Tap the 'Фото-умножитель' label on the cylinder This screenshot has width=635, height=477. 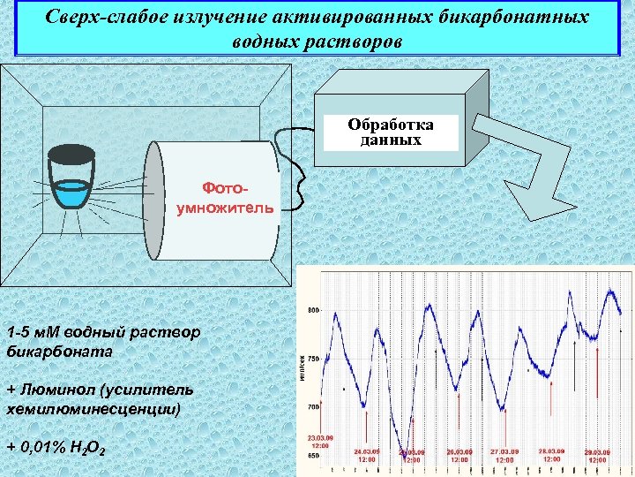pyautogui.click(x=224, y=198)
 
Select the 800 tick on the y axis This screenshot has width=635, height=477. pyautogui.click(x=313, y=311)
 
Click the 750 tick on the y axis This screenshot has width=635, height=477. pyautogui.click(x=313, y=359)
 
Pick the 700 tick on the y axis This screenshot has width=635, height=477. pyautogui.click(x=313, y=407)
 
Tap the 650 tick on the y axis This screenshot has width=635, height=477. pyautogui.click(x=313, y=456)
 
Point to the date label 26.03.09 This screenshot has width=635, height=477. pyautogui.click(x=459, y=451)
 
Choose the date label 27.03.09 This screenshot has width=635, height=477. pyautogui.click(x=504, y=451)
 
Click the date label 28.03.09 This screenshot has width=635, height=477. pyautogui.click(x=551, y=450)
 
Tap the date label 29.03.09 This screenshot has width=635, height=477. pyautogui.click(x=597, y=451)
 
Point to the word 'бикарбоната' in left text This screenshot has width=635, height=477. pyautogui.click(x=59, y=351)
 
